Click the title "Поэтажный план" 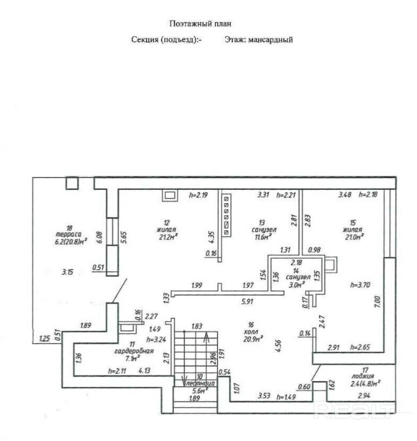[x=201, y=23]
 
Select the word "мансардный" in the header [x=270, y=39]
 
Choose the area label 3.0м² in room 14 [x=296, y=283]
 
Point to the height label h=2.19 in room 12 [x=199, y=195]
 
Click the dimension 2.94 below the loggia [x=364, y=396]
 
